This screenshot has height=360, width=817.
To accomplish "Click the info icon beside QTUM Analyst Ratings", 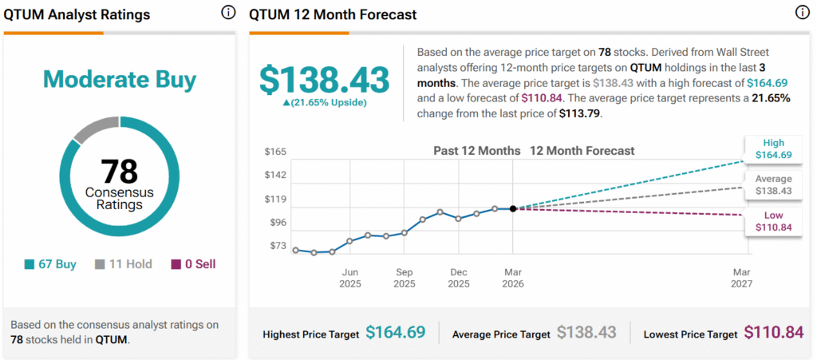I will coord(228,13).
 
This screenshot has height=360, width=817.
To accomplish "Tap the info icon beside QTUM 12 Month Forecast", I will coord(802,13).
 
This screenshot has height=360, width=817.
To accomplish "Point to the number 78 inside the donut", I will coord(120,171).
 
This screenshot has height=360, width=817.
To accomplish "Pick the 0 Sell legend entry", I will coord(193,264).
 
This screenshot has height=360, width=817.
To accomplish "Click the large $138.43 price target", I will coord(324,80).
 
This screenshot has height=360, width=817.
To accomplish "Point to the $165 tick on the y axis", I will coord(275,151).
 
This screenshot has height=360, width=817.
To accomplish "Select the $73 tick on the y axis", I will coord(277,245).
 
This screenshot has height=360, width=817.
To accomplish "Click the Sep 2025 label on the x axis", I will coord(404,278).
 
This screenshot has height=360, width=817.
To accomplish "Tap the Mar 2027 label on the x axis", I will coord(742,278).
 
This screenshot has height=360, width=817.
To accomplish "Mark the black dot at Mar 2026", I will coord(512,208).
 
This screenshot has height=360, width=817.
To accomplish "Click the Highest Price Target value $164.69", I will coord(395,332).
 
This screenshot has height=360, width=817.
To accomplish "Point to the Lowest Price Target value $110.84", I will coord(773,332).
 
